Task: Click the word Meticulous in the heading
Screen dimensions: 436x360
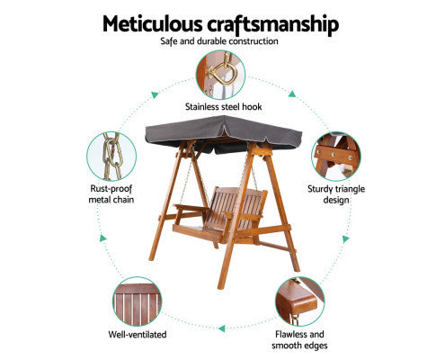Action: [x=153, y=23]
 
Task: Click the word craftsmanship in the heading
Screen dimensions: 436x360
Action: [x=273, y=25]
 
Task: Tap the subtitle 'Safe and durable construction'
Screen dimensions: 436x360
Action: [x=219, y=41]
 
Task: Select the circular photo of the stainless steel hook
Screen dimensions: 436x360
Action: [x=221, y=75]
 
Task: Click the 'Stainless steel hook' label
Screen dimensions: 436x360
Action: [x=224, y=107]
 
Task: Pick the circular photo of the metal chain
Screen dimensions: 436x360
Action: [x=111, y=156]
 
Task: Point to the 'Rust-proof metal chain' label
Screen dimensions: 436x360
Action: [x=111, y=194]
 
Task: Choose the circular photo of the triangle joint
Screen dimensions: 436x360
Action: [x=336, y=156]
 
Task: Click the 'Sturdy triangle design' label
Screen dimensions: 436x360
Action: [x=336, y=194]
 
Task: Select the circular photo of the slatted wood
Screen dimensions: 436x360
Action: [x=137, y=301]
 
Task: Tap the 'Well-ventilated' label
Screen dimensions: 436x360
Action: [x=138, y=334]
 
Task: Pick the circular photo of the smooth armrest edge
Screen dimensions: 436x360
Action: [x=300, y=301]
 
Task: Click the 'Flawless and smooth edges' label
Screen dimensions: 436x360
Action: [x=299, y=339]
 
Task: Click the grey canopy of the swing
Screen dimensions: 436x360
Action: [x=223, y=133]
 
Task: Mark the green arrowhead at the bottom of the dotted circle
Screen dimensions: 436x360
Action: [x=222, y=328]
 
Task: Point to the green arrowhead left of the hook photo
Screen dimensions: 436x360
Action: [x=155, y=94]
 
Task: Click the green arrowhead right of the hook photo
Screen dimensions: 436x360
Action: [x=292, y=94]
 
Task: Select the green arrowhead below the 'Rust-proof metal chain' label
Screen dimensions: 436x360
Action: [x=102, y=238]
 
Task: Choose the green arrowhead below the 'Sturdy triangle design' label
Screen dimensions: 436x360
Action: [x=346, y=238]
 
